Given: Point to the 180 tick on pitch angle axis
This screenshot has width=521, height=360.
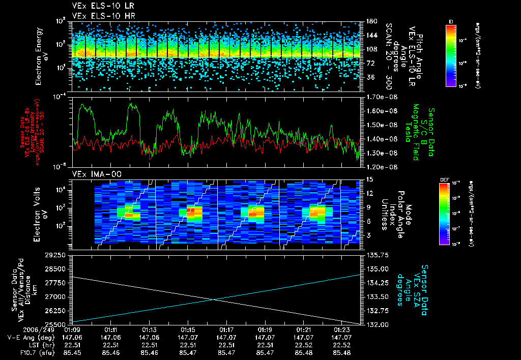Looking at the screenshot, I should tap(371, 21).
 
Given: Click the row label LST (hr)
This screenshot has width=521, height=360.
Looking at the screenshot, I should tap(39, 344).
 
